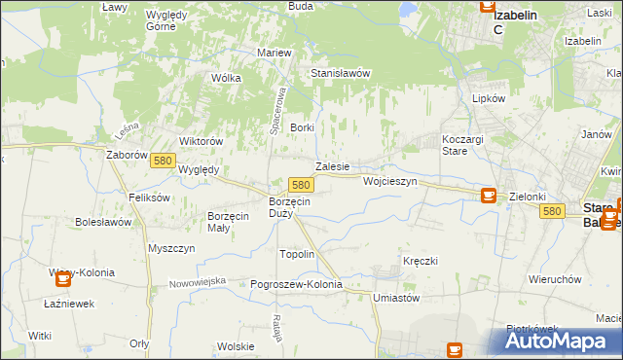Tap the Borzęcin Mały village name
[x=232, y=221]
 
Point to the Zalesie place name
[x=332, y=166]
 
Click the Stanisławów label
[x=341, y=73]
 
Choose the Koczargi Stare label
[x=462, y=145]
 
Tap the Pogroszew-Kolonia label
[x=297, y=284]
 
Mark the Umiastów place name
[x=396, y=298]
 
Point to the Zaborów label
[x=127, y=154]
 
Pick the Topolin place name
[x=297, y=254]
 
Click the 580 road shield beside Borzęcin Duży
[x=301, y=184]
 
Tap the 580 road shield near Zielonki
[x=553, y=211]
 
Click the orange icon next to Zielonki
[x=489, y=196]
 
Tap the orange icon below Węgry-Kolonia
[x=63, y=279]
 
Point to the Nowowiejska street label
[x=197, y=281]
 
